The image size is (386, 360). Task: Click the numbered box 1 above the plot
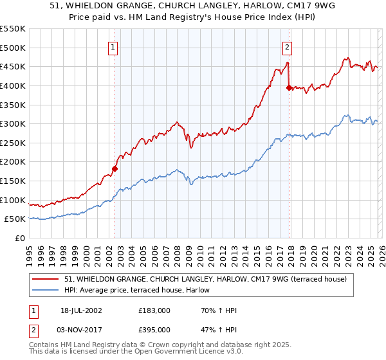[x=113, y=46]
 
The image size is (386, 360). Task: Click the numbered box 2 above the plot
[x=286, y=46]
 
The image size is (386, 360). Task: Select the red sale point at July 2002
[x=115, y=168]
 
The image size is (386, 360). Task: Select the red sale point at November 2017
[x=288, y=87]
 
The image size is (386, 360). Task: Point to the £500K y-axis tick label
[x=13, y=48]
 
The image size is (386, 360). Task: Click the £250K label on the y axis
[x=13, y=143]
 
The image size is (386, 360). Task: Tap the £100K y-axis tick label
[x=13, y=200]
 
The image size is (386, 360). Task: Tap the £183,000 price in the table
[x=154, y=311]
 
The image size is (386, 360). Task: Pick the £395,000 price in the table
[x=154, y=329]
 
